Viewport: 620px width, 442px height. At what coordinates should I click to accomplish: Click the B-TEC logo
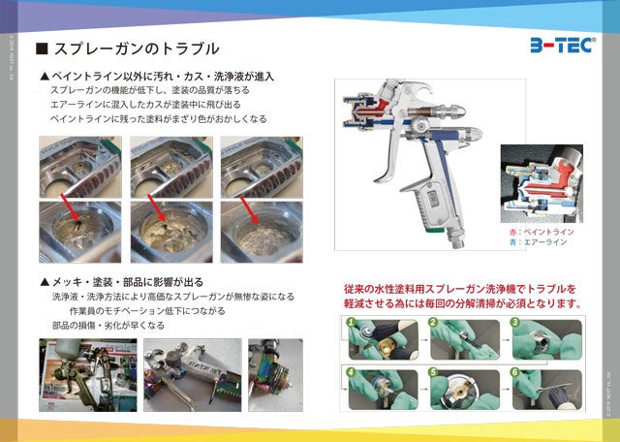tap(563, 46)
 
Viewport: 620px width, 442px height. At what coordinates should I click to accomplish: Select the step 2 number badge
tap(432, 321)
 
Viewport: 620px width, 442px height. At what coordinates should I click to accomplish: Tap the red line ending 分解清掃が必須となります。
tap(465, 303)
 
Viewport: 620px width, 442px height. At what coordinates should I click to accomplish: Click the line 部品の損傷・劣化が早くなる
tap(108, 326)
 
